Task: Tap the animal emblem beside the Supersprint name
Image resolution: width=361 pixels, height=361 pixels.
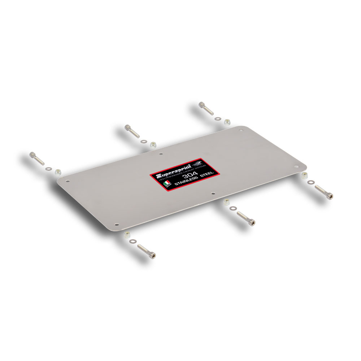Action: click(199, 166)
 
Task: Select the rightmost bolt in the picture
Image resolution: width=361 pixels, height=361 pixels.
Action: click(323, 192)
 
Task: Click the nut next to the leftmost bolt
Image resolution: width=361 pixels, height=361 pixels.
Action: click(57, 171)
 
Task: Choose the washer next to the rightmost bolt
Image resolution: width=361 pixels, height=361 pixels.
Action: click(311, 183)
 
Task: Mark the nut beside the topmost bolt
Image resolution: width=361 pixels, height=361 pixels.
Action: click(227, 122)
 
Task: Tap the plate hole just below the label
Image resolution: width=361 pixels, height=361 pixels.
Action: click(213, 193)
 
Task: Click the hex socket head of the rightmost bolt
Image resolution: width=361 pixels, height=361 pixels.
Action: click(330, 196)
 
